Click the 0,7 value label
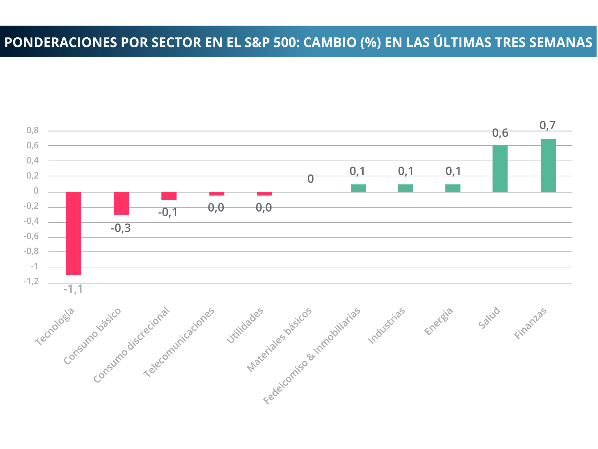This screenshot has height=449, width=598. coord(548,125)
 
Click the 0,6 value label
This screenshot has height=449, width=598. coord(500,133)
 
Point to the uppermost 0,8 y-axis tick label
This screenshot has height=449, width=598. coord(33,130)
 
